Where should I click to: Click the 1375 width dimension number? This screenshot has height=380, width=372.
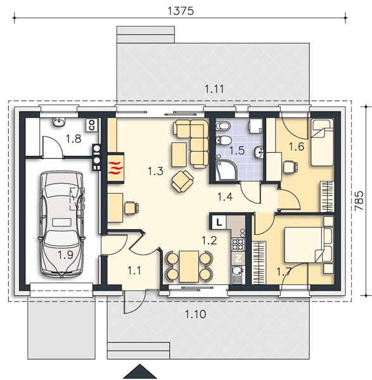(181, 11)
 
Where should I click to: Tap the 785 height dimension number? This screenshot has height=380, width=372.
(359, 201)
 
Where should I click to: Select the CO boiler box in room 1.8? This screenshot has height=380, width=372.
(92, 125)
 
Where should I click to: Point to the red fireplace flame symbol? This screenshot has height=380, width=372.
(115, 168)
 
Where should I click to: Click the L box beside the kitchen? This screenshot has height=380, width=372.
(219, 222)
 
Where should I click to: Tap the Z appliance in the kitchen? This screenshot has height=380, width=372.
(238, 258)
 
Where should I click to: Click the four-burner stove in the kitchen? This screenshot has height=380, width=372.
(238, 244)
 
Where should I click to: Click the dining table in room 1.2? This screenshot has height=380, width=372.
(189, 267)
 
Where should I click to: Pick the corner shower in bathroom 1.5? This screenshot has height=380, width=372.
(226, 170)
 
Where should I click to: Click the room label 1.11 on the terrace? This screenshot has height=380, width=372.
(214, 89)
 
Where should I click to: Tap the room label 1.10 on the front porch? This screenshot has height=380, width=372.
(196, 314)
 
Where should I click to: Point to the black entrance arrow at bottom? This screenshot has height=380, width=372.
(140, 372)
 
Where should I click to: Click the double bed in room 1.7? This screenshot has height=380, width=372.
(309, 244)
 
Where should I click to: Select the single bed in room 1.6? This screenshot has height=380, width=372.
(322, 142)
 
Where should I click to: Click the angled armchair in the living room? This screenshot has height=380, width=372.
(183, 181)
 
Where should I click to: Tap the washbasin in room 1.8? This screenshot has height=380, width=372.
(59, 122)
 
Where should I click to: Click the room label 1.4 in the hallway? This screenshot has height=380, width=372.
(225, 197)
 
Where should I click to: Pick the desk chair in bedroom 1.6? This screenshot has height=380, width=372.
(290, 167)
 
